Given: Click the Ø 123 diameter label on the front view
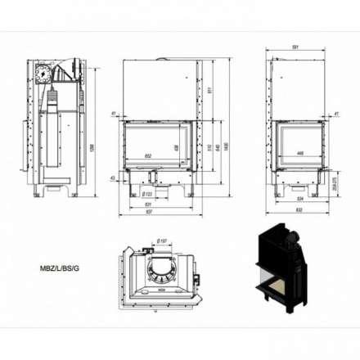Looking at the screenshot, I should click(148, 194).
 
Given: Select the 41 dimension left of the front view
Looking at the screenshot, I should click(113, 114).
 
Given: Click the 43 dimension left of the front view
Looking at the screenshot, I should click(113, 178).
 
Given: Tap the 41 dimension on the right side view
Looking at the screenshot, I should click(336, 114).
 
